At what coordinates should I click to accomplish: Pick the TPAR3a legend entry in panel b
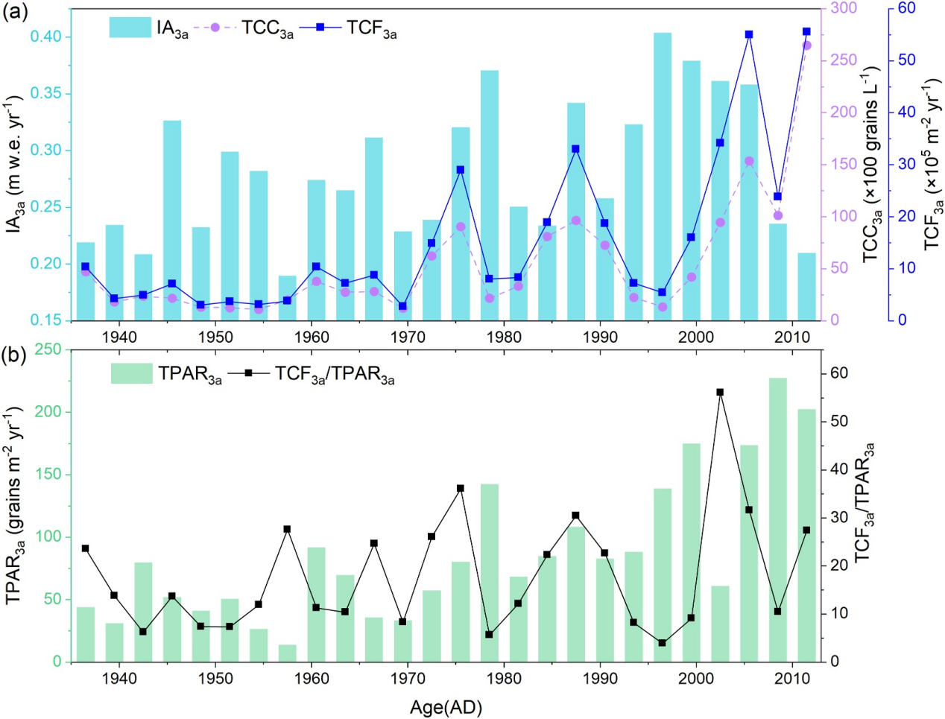pos(167,373)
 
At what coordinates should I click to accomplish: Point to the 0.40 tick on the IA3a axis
pos(51,37)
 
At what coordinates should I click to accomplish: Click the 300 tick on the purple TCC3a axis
pos(844,8)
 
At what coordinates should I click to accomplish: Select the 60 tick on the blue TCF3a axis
pos(906,8)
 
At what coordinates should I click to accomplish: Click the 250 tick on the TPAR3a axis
pos(50,349)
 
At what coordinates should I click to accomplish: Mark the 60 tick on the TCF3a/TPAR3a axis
pos(839,373)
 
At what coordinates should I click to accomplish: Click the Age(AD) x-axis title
pos(446,707)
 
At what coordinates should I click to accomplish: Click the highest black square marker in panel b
pos(720,392)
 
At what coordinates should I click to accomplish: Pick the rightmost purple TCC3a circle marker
pos(806,45)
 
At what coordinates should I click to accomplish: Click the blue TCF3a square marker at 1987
pos(575,149)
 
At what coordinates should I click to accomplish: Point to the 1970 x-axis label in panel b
pos(408,678)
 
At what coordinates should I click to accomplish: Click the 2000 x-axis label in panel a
pos(695,337)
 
